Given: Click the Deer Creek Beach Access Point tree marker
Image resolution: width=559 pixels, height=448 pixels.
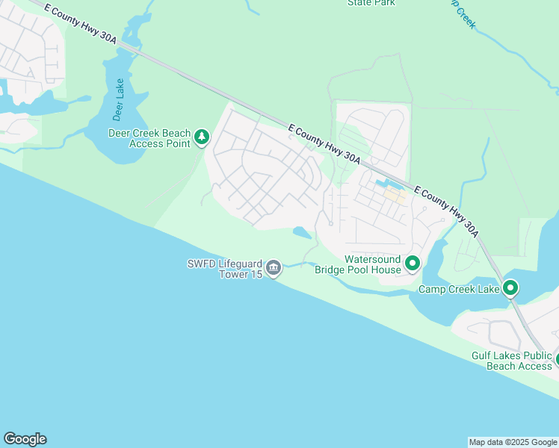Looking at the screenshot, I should coord(201,137).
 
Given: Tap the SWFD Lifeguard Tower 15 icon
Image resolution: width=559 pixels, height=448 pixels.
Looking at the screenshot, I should coord(274,267).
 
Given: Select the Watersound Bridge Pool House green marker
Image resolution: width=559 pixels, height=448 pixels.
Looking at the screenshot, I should coord(412,263).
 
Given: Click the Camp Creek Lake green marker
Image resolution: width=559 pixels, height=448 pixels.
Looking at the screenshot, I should coord(510,287).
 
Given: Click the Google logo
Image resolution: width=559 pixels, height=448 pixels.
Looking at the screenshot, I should coord(25,439).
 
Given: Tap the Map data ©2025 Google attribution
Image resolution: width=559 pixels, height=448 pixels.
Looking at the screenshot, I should coord(513,442).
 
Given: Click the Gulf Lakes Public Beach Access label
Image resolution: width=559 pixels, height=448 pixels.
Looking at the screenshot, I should coord(511,361).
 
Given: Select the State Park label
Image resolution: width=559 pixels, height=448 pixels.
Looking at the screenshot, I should coord(371,3).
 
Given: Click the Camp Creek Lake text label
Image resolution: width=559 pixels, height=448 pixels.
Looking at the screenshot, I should coord(458,289).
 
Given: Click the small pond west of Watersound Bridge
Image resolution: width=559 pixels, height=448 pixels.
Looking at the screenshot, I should coord(302,232).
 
